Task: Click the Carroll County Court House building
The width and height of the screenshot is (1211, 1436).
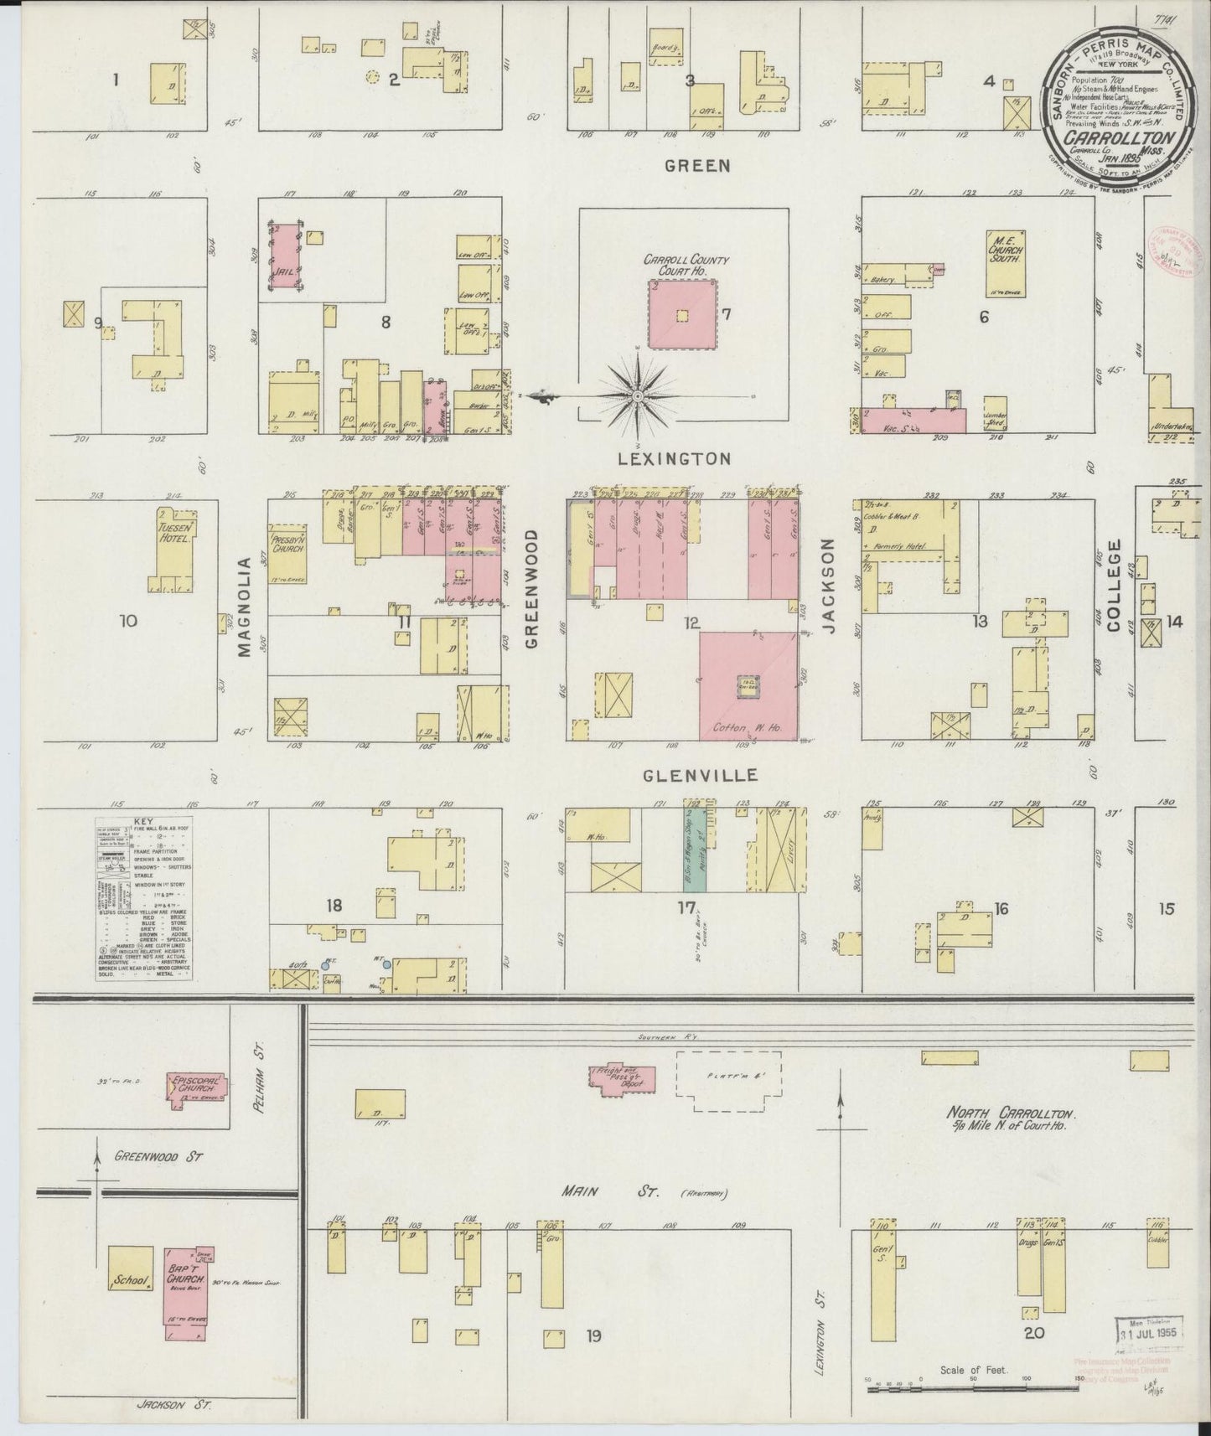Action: tap(682, 315)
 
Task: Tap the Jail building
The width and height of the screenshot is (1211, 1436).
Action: tap(284, 257)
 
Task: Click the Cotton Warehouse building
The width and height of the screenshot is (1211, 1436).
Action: tap(748, 686)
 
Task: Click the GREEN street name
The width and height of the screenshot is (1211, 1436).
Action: tap(697, 166)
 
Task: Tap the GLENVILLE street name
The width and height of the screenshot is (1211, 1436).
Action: tap(701, 775)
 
